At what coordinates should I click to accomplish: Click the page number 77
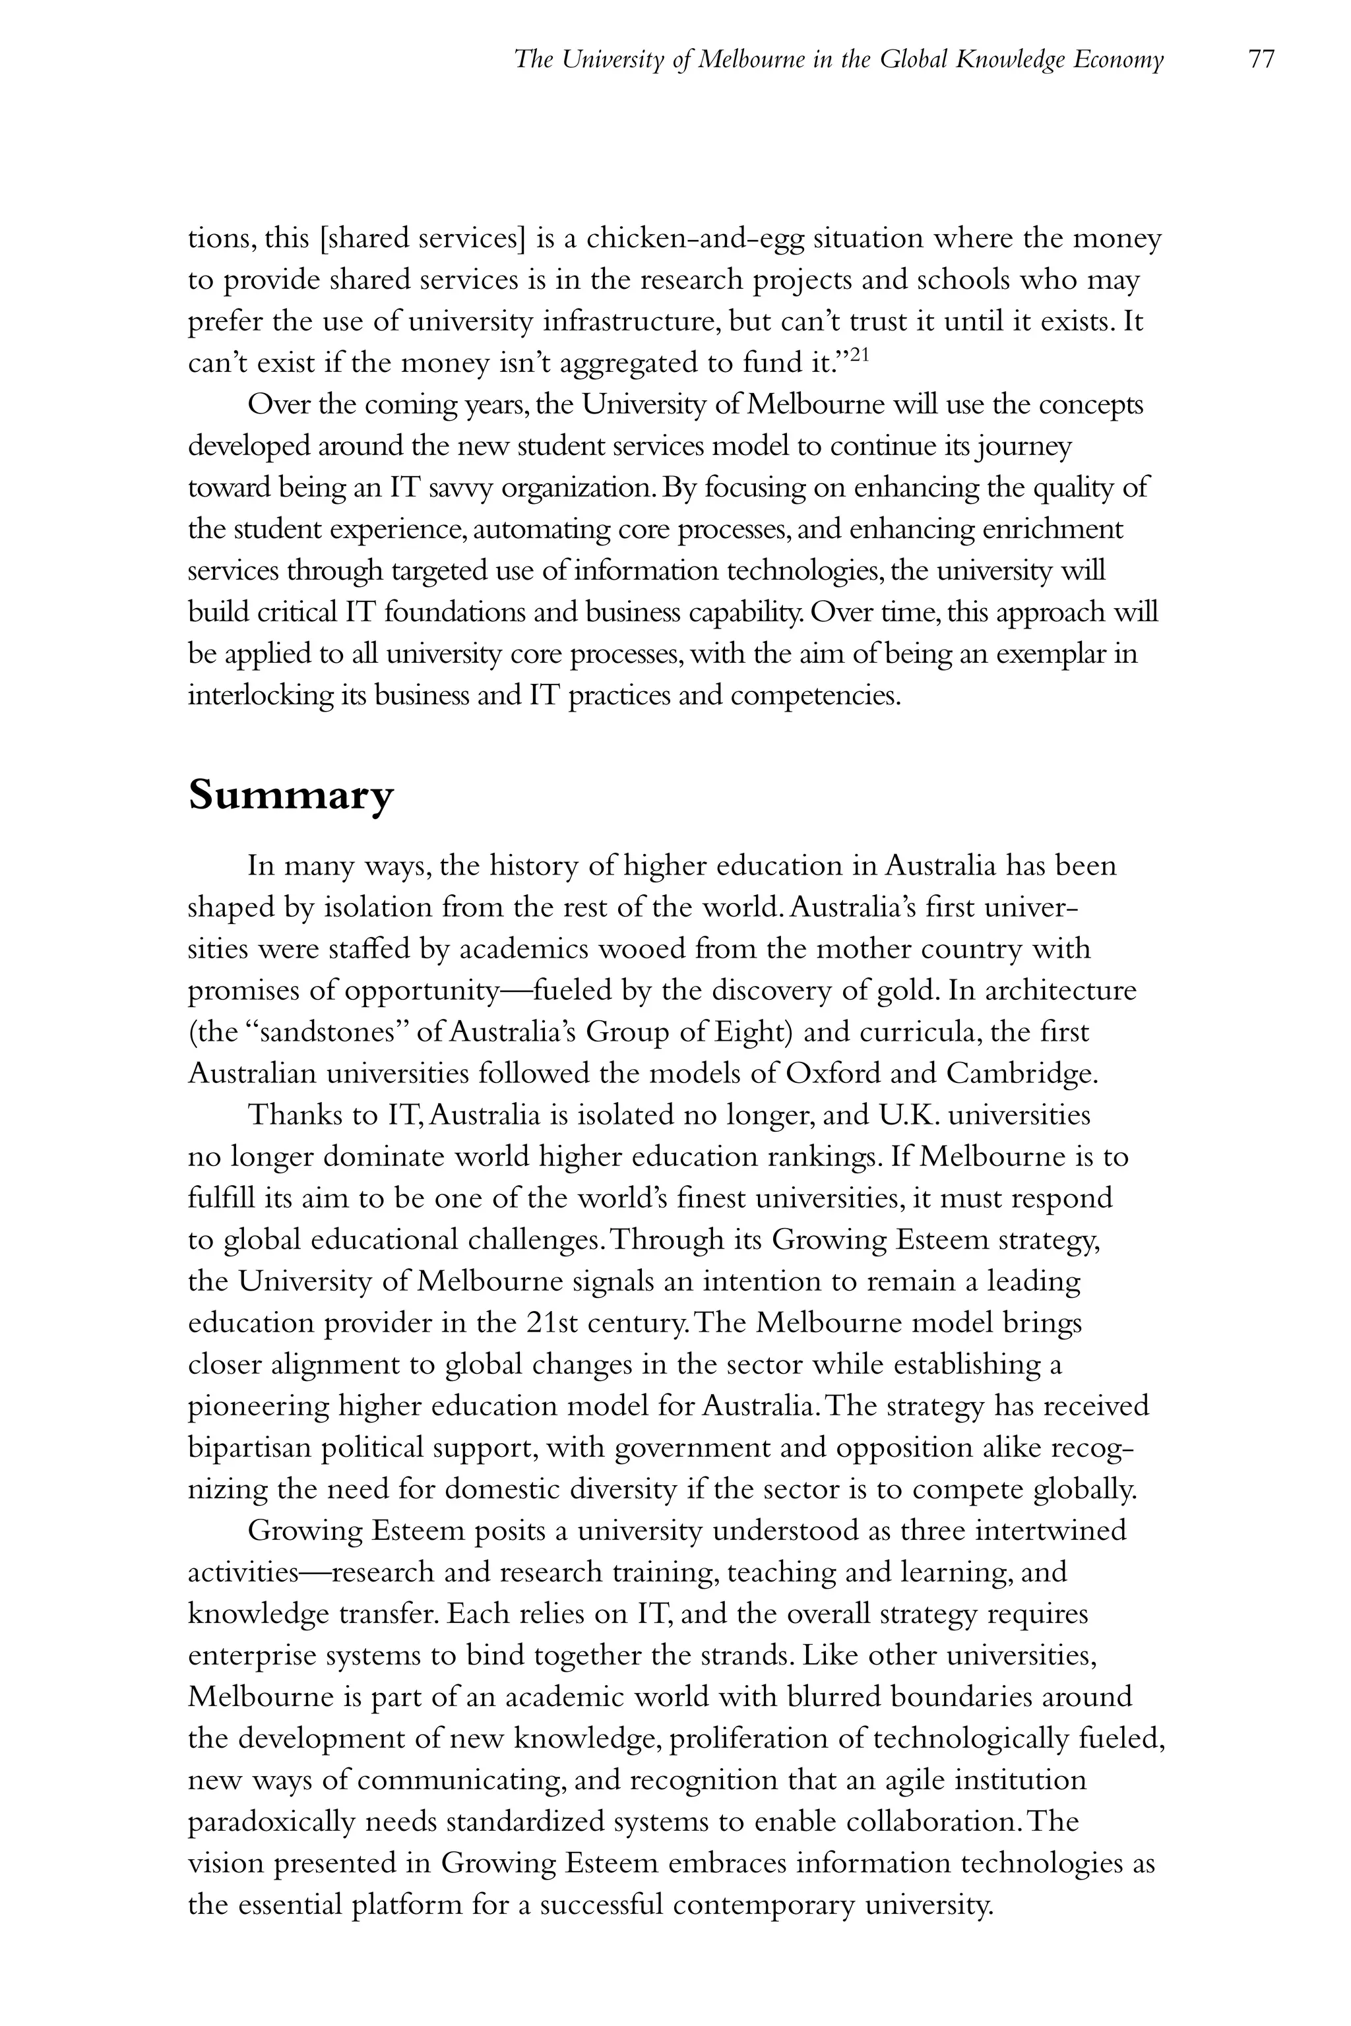(x=1261, y=60)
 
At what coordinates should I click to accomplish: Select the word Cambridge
(x=1022, y=1073)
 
